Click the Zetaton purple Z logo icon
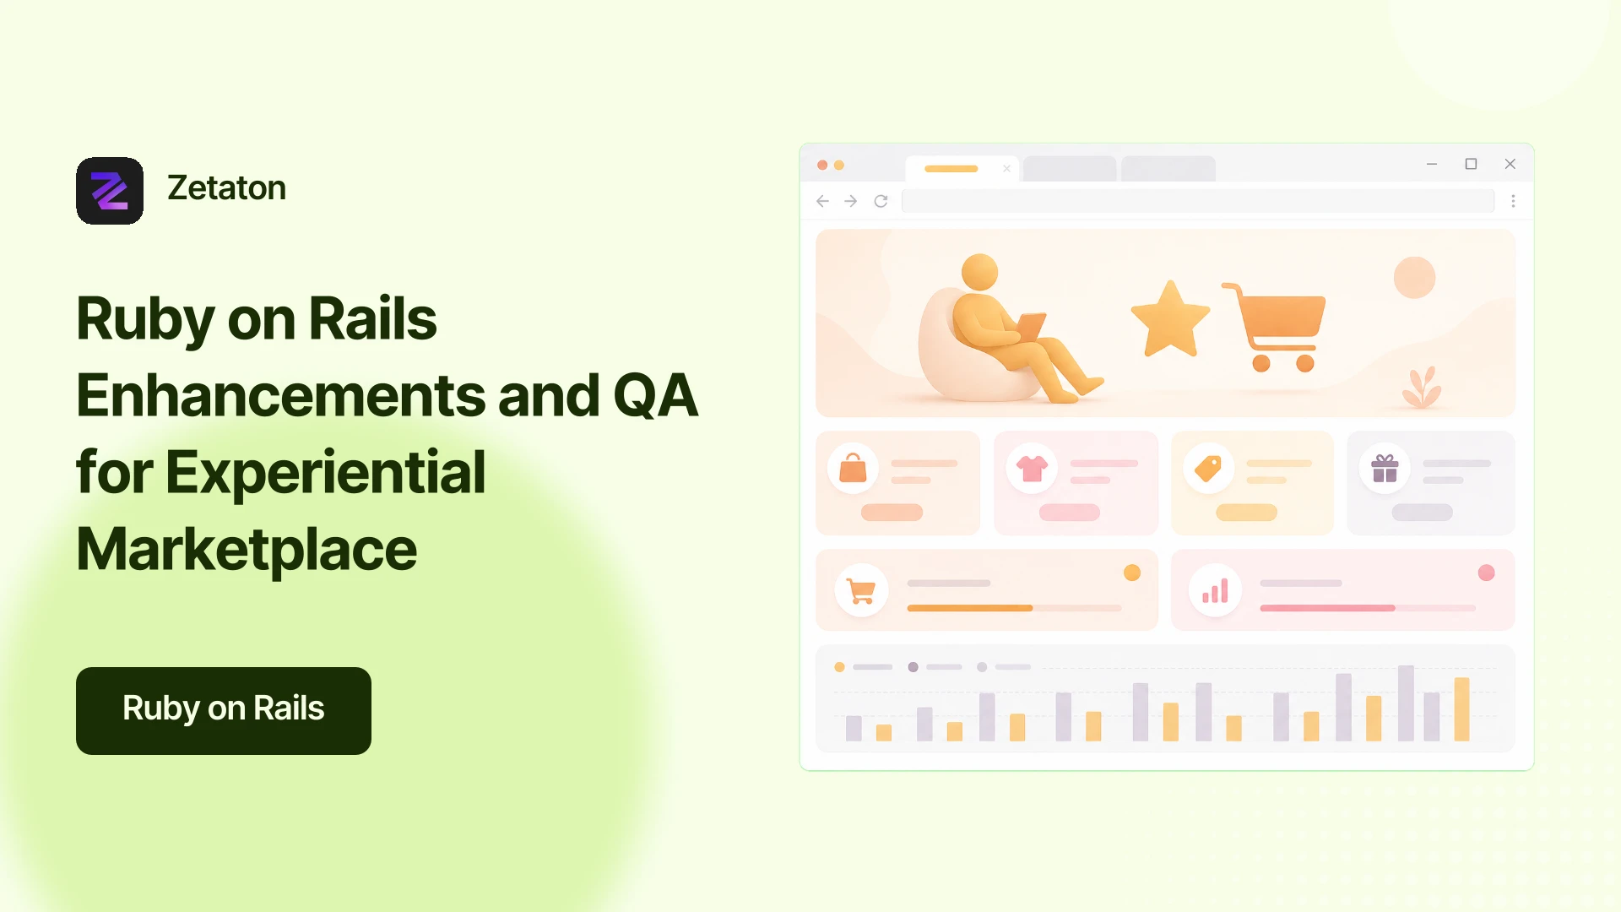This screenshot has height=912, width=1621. point(110,191)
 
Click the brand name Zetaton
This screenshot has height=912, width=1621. point(226,188)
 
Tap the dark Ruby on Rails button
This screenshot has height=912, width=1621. point(224,711)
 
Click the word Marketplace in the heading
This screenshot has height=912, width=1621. point(247,550)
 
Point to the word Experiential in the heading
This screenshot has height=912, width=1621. point(325,473)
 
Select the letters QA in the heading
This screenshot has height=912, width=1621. point(655,395)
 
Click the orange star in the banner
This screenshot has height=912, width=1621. point(1170,319)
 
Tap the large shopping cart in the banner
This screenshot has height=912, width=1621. point(1275,328)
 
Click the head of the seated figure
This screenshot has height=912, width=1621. point(979,272)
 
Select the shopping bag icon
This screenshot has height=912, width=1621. point(853,468)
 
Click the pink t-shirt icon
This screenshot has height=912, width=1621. point(1032,468)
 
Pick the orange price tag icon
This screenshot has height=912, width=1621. point(1208,468)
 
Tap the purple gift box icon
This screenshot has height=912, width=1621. point(1385,468)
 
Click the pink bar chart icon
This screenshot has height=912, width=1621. point(1215,591)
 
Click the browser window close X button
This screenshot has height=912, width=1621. point(1510,164)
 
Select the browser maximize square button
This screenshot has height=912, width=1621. point(1471,164)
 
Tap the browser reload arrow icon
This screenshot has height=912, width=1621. point(881,201)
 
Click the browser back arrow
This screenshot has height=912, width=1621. point(823,201)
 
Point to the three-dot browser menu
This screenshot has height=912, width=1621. point(1513,201)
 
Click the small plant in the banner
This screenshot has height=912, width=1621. point(1422,388)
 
